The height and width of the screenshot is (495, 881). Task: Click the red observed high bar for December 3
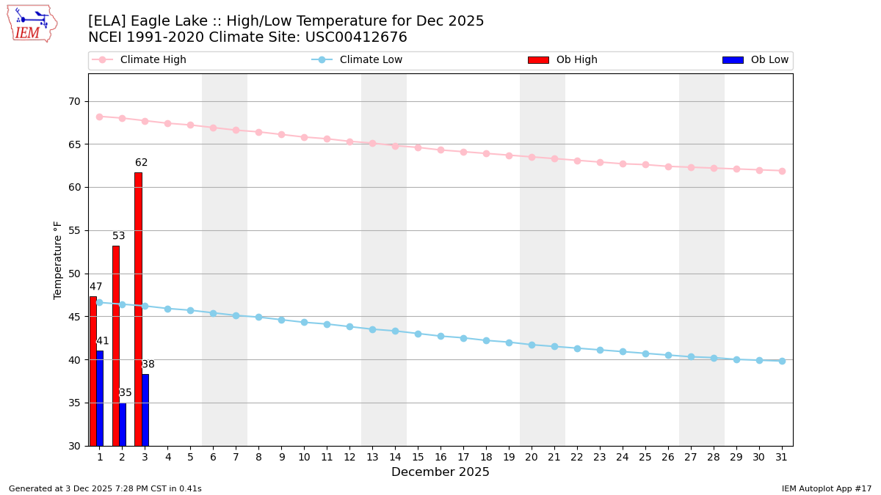click(138, 308)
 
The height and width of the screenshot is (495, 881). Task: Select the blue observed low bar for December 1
click(100, 398)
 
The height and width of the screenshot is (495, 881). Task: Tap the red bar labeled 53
click(115, 345)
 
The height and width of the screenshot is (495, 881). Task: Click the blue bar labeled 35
click(123, 424)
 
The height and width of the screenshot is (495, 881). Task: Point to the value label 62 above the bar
click(142, 163)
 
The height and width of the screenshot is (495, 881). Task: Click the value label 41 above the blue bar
click(103, 341)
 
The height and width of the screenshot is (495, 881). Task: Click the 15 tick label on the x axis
click(418, 457)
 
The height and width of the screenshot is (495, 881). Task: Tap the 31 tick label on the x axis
click(782, 457)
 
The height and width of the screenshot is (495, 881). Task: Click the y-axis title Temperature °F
click(59, 260)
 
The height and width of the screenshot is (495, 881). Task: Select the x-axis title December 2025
click(440, 472)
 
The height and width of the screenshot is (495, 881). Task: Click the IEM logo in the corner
click(32, 23)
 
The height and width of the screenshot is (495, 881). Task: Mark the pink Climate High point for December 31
click(782, 171)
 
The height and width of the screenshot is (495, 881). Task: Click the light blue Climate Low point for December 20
click(532, 345)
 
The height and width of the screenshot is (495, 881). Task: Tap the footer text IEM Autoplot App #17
click(827, 488)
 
